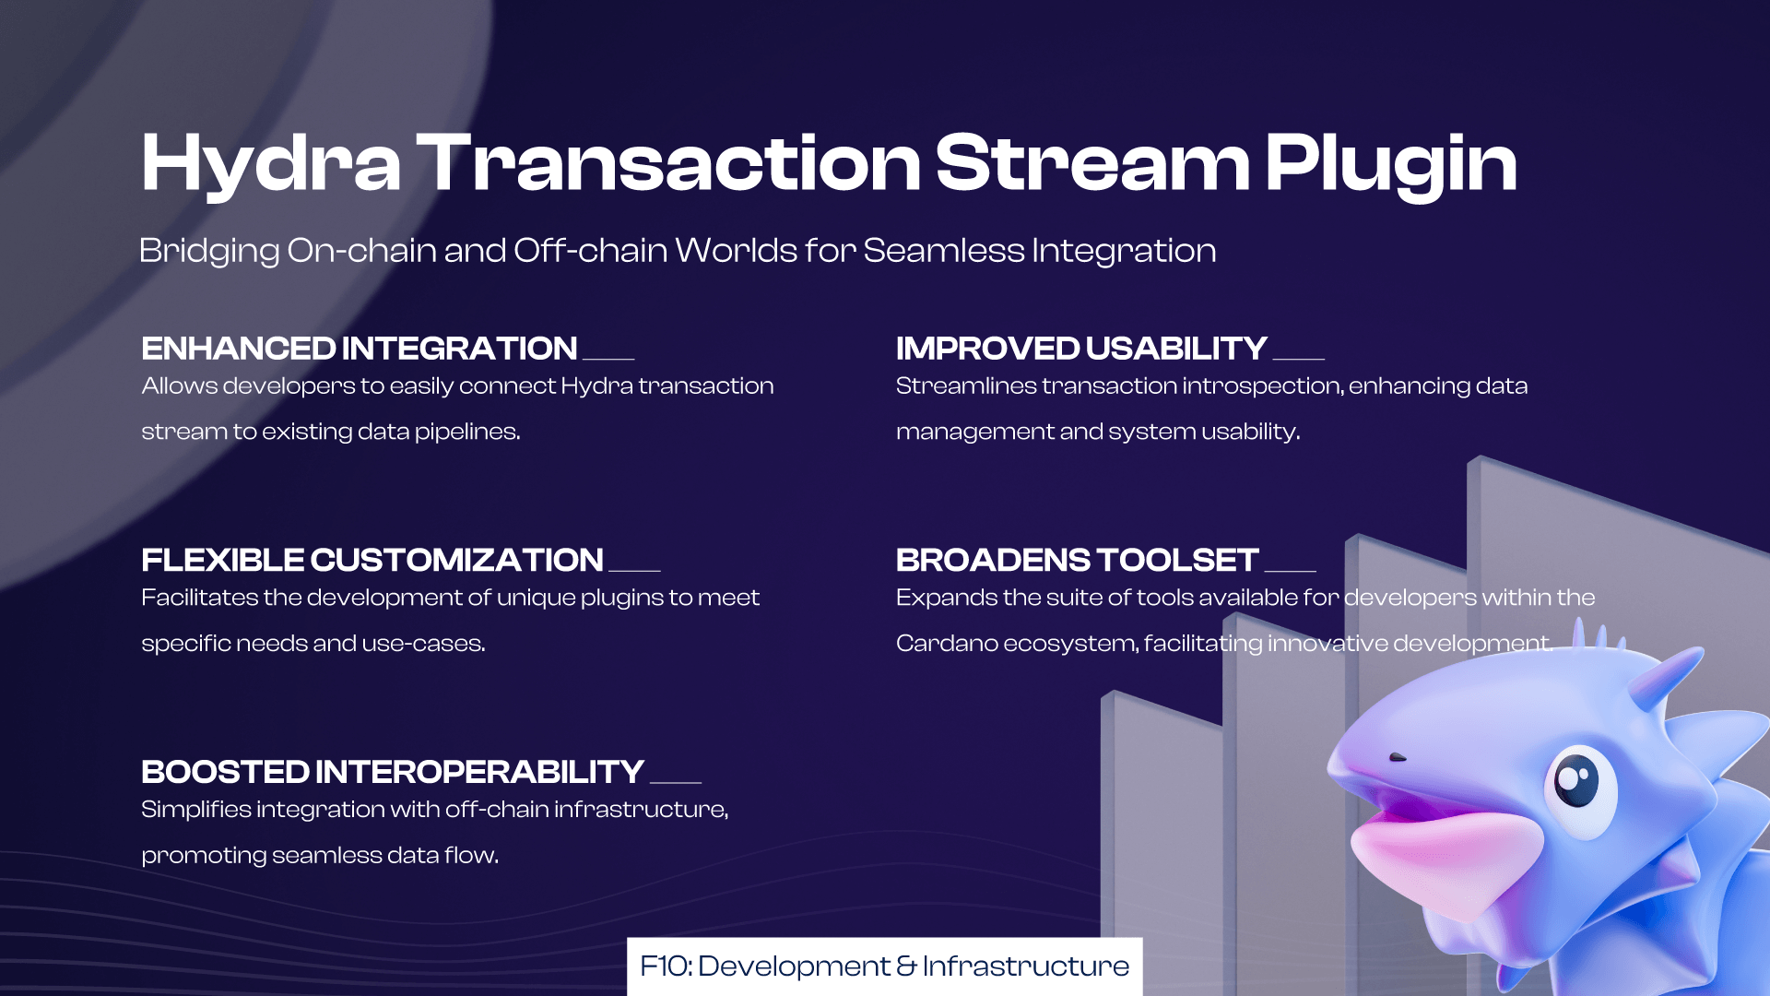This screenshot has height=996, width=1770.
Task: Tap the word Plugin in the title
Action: click(x=1391, y=164)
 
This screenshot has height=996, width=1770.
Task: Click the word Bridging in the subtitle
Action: click(x=209, y=251)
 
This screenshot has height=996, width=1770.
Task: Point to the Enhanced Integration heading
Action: click(x=360, y=349)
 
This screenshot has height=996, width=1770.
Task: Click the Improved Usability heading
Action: click(x=1081, y=349)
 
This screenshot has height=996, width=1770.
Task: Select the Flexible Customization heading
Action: click(x=372, y=560)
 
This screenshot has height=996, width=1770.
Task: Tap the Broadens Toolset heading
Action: click(x=1077, y=560)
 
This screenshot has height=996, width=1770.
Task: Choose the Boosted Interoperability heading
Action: click(x=393, y=772)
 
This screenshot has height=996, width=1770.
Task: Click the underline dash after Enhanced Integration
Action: click(x=608, y=359)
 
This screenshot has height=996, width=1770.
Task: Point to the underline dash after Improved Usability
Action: click(x=1299, y=359)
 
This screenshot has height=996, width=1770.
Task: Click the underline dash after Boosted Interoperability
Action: click(x=676, y=782)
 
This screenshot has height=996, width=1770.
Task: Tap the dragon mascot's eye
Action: click(x=1577, y=782)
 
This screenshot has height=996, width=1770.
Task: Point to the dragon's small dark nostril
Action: click(x=1398, y=757)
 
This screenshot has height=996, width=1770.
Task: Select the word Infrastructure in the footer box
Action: click(x=1025, y=966)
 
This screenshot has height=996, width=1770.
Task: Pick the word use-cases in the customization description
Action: click(x=423, y=644)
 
